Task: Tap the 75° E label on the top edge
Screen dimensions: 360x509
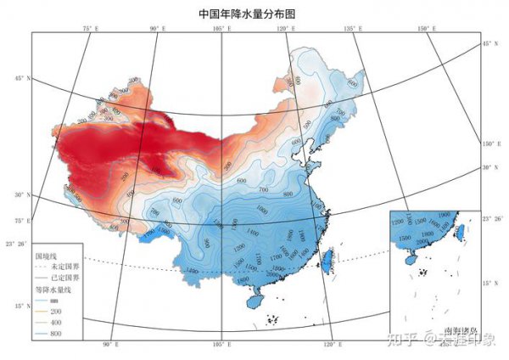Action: [91, 30]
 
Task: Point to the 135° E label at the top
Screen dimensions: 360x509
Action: [351, 30]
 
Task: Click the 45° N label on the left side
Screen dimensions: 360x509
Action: [20, 79]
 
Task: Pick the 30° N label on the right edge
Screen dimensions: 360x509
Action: [489, 167]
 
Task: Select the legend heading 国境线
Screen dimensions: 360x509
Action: [45, 254]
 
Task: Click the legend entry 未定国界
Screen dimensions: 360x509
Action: [60, 265]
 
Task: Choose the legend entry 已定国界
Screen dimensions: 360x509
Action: [60, 277]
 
